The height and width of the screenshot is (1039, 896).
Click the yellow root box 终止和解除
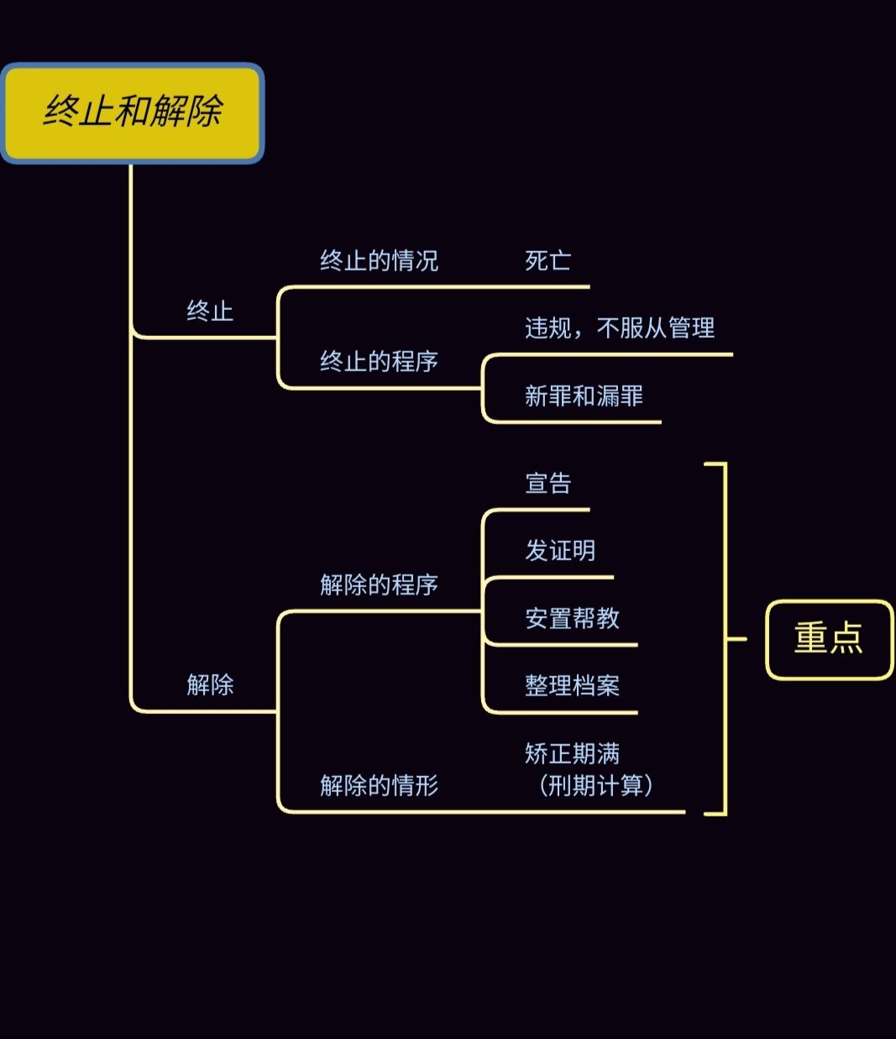(x=133, y=113)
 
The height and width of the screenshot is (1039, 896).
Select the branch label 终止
(x=210, y=312)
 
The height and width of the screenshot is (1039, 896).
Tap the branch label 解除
(x=210, y=685)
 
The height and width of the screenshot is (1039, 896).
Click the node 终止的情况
(x=379, y=261)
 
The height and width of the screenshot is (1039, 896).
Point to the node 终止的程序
(x=379, y=362)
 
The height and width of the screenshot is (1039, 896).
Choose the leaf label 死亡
(x=548, y=261)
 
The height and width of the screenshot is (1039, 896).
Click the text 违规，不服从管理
(x=620, y=328)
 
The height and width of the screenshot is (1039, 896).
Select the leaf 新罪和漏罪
(x=584, y=396)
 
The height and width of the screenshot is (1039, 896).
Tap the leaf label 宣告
(x=548, y=484)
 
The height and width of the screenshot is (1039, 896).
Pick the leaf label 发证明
(x=560, y=551)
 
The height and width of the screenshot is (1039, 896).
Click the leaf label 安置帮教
(x=572, y=619)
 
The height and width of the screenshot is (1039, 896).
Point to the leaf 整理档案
(x=572, y=686)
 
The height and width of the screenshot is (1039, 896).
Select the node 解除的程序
(x=379, y=585)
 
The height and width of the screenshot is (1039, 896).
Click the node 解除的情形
(x=379, y=786)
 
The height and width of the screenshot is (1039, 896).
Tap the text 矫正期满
(x=572, y=754)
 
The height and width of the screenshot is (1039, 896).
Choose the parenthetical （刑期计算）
(x=595, y=786)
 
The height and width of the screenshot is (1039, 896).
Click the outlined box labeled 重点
(x=829, y=639)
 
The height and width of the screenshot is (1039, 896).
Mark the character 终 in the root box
(x=61, y=111)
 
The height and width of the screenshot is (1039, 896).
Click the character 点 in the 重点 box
(x=846, y=638)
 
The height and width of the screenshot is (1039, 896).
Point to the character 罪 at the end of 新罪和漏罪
(x=631, y=396)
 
